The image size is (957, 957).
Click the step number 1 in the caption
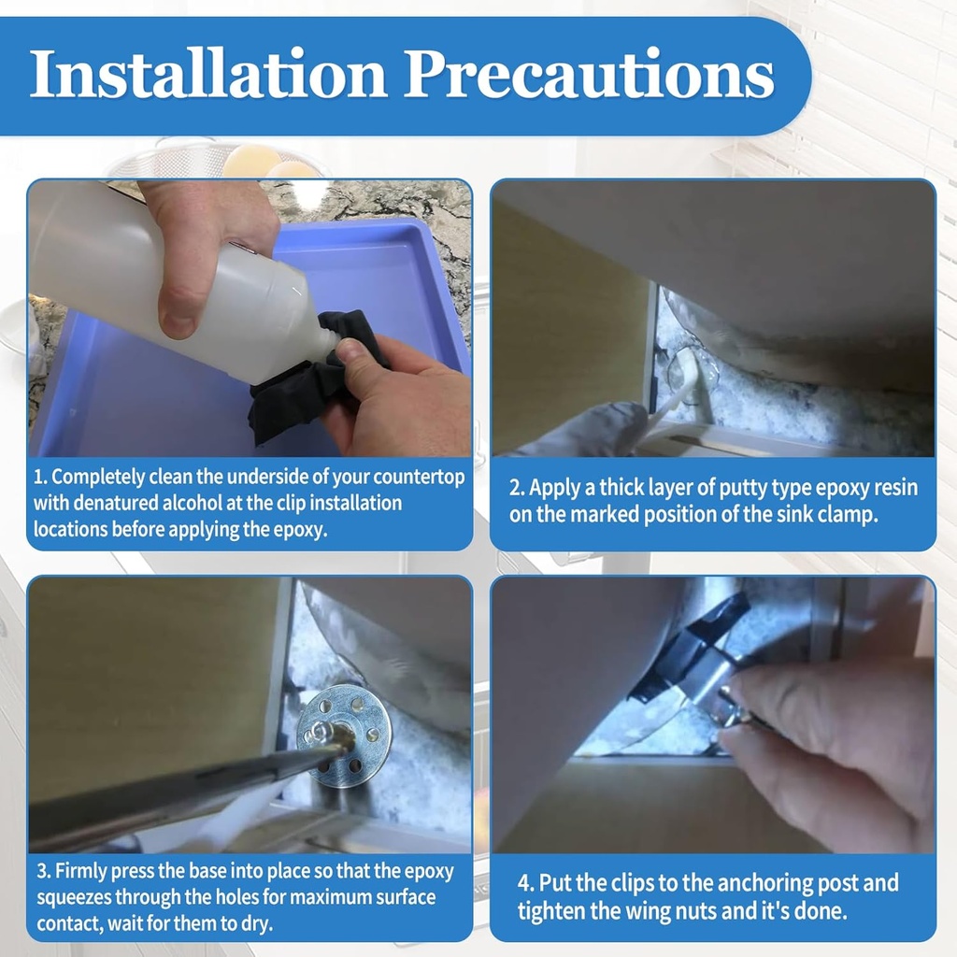[40, 478]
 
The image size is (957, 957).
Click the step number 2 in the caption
[515, 488]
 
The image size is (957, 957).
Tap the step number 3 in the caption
[42, 872]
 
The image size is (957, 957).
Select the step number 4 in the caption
[524, 883]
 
